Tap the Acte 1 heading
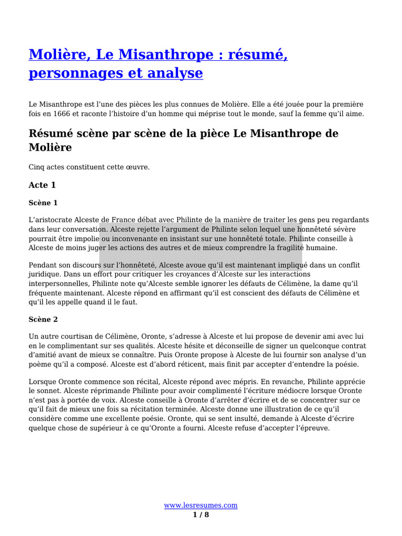[42, 185]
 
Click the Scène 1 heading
[43, 203]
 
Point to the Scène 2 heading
[43, 319]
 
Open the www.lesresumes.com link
[201, 505]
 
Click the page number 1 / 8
[201, 515]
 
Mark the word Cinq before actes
[37, 167]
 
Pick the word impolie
[85, 239]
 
